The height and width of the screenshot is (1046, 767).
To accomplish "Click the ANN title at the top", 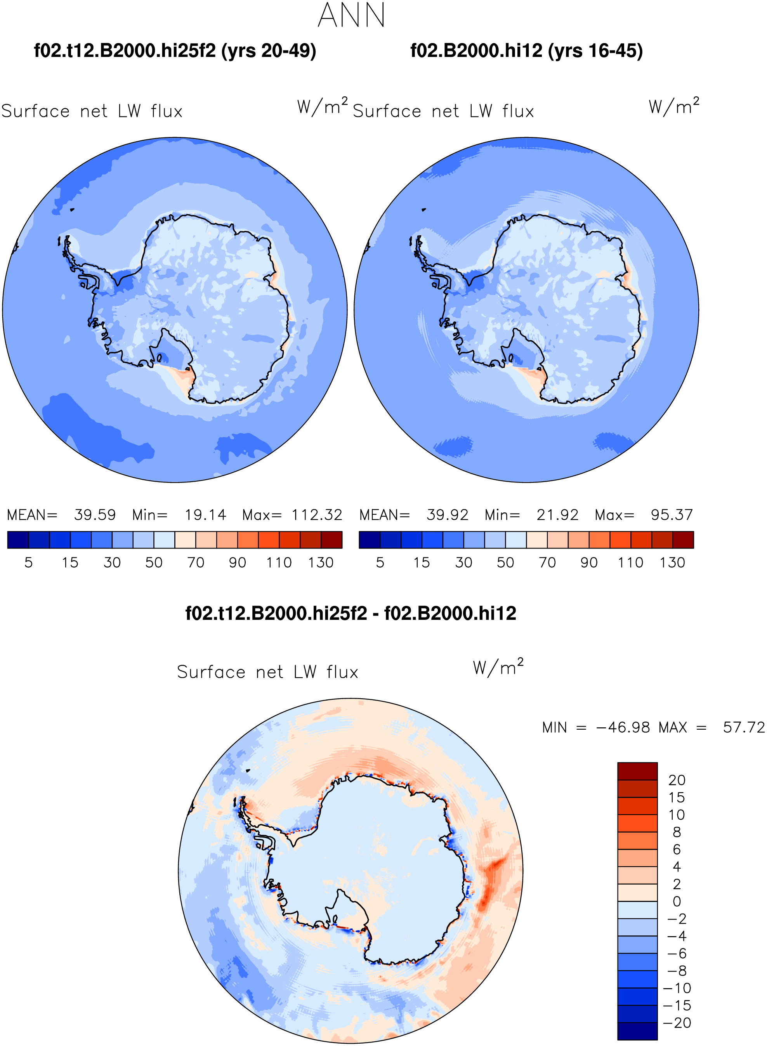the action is tap(351, 15).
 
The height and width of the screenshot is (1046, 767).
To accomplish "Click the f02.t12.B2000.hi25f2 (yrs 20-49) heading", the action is tap(175, 50).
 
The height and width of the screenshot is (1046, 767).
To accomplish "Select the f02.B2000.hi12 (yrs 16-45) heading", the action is tap(526, 50).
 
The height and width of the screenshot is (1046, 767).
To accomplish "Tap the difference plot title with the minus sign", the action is tap(351, 613).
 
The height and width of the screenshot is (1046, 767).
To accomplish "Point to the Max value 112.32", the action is tap(317, 515).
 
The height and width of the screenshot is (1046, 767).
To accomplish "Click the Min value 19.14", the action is tap(205, 515).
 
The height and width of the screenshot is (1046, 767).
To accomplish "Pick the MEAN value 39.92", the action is tap(448, 515).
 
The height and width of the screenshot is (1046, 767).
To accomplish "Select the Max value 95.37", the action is tap(672, 515).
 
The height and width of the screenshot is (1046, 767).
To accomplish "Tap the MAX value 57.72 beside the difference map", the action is tap(744, 727).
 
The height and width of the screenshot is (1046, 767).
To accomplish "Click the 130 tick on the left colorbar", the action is tap(321, 563).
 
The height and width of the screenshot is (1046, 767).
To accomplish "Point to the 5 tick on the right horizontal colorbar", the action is tap(380, 563).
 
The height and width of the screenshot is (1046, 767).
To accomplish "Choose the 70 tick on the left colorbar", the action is tap(196, 563).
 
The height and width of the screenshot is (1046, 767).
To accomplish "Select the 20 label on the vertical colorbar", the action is tap(677, 780).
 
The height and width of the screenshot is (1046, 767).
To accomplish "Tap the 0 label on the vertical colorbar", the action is tap(677, 902).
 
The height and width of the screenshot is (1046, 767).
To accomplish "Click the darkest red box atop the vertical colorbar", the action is tap(637, 771).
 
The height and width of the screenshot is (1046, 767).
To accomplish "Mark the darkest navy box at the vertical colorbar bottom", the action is tap(637, 1031).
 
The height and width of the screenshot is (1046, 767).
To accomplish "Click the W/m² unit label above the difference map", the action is tap(498, 667).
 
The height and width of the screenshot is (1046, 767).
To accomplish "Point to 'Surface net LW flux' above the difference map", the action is tap(267, 672).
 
